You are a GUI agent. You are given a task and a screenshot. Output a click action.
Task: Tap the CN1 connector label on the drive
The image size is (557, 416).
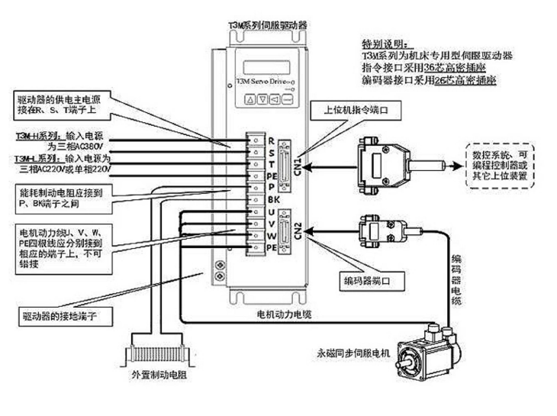[x=298, y=163]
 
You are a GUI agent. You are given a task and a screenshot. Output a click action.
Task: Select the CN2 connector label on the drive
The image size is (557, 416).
[x=298, y=231]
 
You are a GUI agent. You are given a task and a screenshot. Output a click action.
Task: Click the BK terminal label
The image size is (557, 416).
[x=272, y=201]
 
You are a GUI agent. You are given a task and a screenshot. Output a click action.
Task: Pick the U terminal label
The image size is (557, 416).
[x=270, y=213]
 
